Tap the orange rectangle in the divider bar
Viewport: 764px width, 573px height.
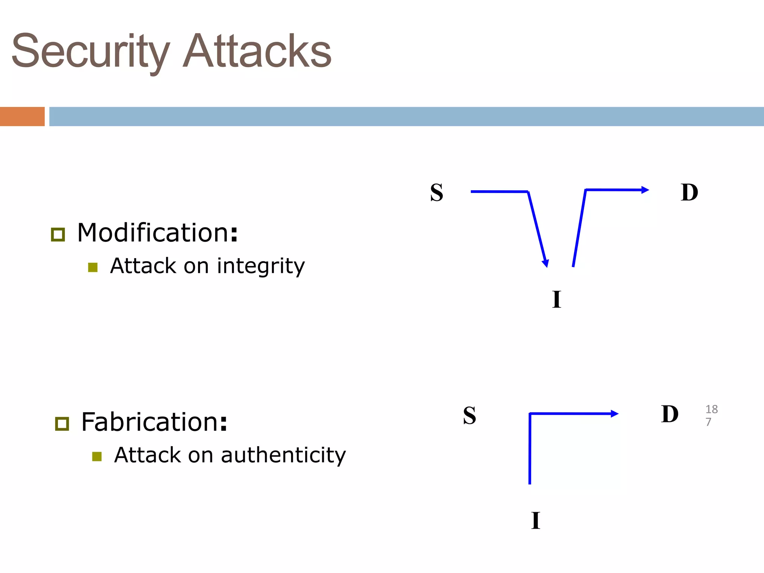point(22,116)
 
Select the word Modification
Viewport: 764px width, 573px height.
point(153,233)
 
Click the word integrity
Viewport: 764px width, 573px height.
point(261,266)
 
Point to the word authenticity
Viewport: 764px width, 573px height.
point(284,455)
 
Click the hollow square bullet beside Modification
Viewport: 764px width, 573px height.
point(58,235)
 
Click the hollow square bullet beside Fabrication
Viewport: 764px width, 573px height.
point(62,424)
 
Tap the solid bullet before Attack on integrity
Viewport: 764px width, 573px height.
point(93,267)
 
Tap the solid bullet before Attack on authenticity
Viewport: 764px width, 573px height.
point(97,457)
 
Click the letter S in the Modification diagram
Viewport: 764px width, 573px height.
point(436,192)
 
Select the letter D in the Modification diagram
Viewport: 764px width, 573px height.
point(689,192)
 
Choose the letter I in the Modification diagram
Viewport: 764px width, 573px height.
point(557,299)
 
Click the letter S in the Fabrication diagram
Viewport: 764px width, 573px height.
point(469,415)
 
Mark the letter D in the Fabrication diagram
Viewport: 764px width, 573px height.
point(670,414)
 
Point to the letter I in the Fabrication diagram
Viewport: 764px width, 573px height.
point(536,520)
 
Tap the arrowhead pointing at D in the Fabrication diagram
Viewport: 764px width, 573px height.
point(614,414)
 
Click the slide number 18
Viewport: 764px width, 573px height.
point(711,409)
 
